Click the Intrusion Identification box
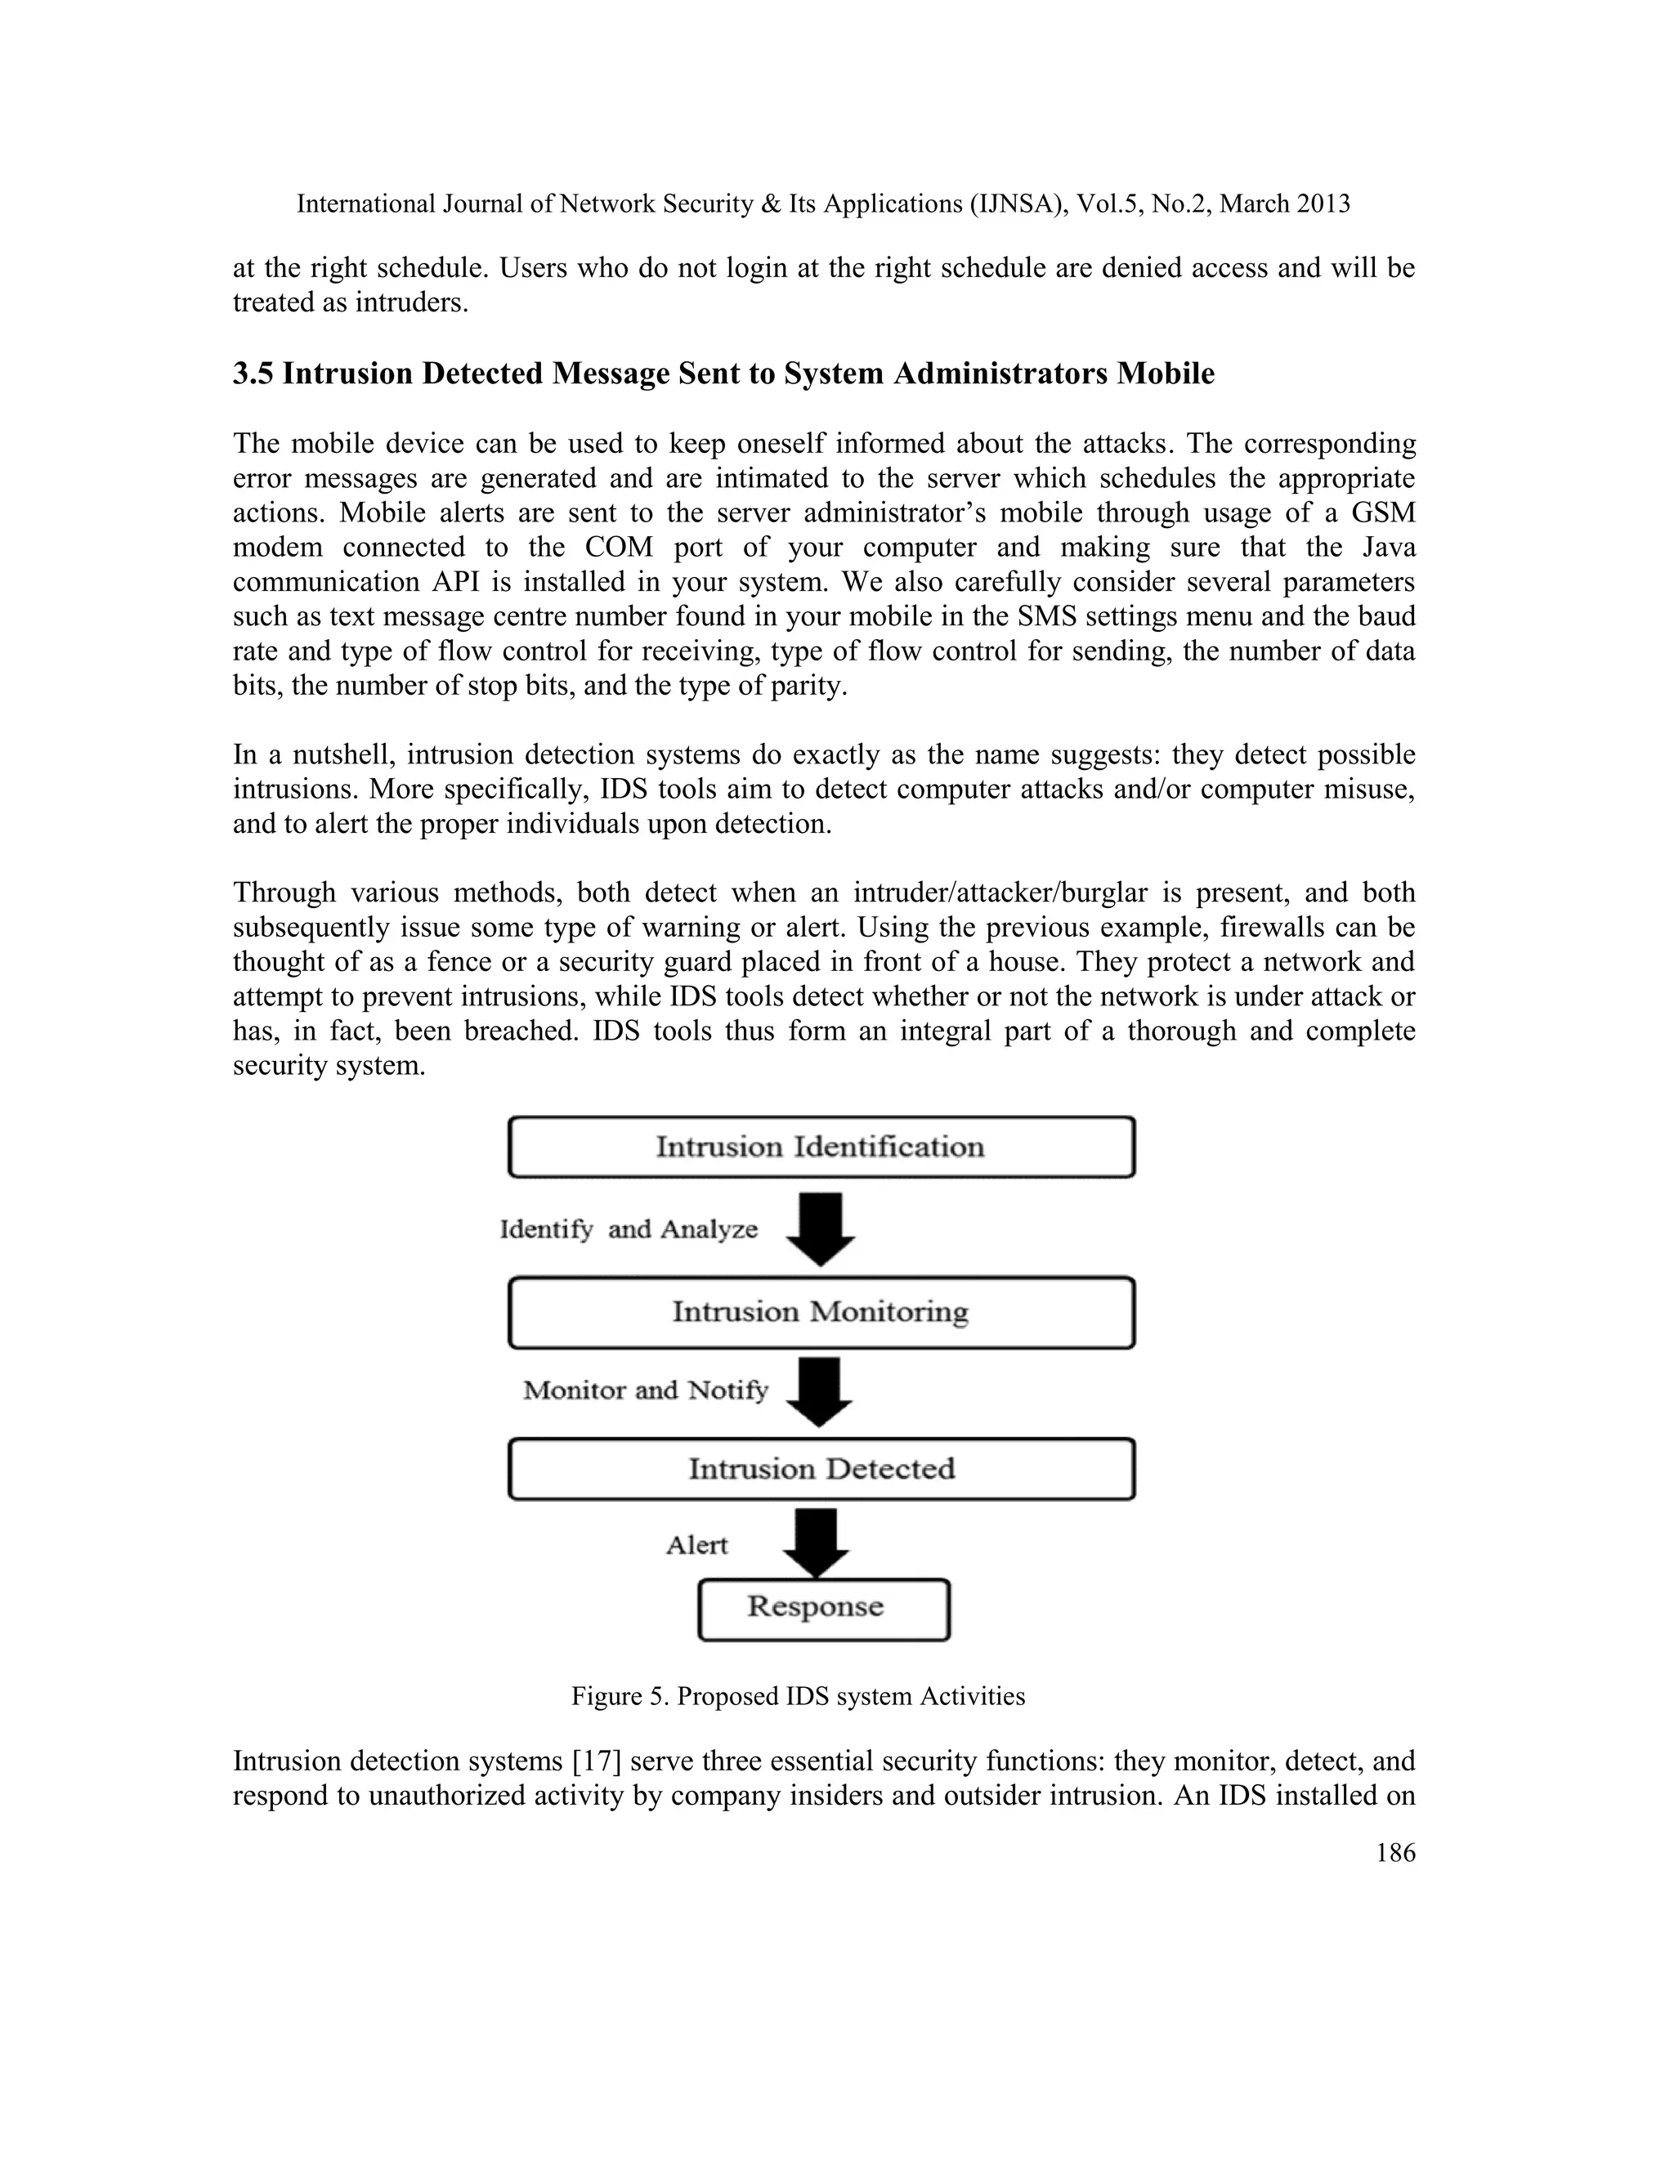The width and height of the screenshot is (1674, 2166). [x=821, y=1148]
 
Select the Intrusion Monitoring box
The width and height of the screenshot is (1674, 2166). [x=821, y=1312]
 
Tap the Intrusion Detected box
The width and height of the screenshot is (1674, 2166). [x=821, y=1469]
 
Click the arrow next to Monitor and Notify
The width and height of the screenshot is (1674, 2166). [x=819, y=1391]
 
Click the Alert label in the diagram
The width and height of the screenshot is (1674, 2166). [x=696, y=1545]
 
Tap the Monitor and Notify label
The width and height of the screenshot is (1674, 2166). [x=646, y=1390]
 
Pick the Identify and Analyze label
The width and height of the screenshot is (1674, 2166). [x=629, y=1230]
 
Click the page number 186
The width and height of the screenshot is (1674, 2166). [x=1395, y=1854]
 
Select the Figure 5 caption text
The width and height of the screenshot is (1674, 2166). [x=797, y=1697]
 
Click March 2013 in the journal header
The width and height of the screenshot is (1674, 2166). [x=1284, y=204]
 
